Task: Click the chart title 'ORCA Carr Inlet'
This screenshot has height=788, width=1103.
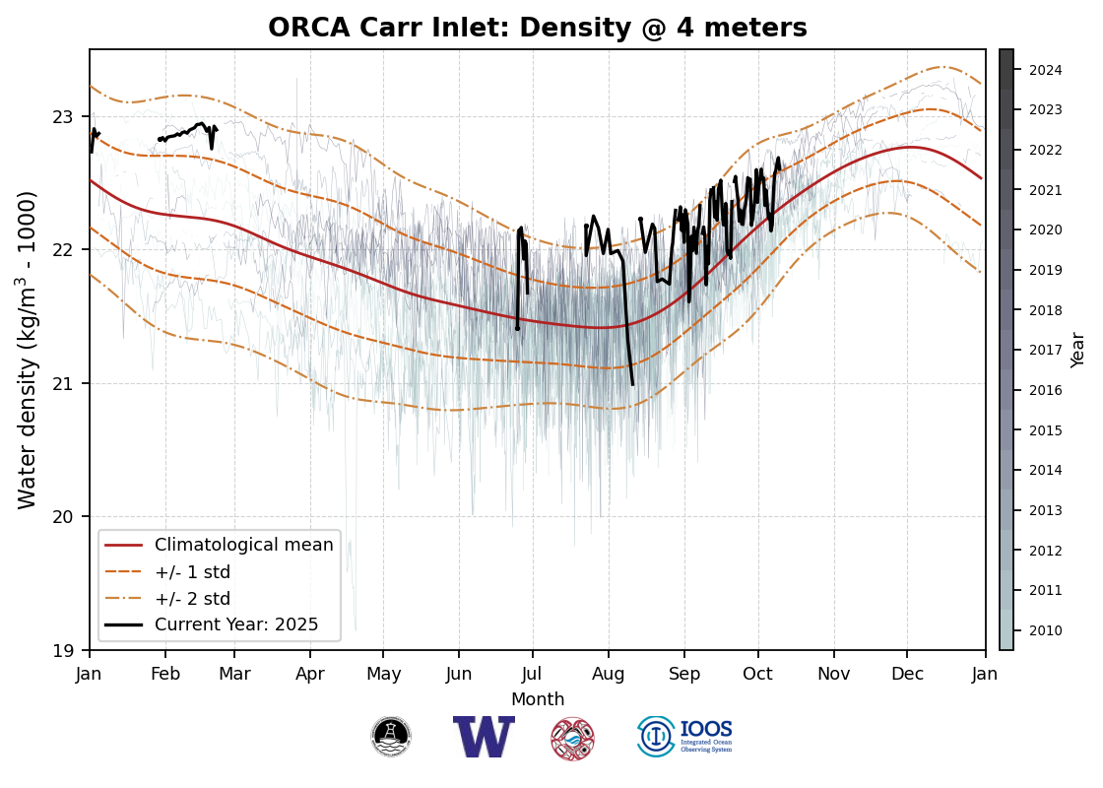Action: (538, 29)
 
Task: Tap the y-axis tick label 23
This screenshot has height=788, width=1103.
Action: (63, 116)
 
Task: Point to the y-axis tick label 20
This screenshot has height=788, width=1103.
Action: (63, 516)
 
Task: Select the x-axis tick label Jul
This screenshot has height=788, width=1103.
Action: (533, 674)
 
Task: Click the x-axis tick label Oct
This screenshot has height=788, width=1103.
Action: (758, 674)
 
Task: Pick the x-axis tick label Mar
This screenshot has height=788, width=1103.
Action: (234, 674)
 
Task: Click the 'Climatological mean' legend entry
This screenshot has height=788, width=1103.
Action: (243, 545)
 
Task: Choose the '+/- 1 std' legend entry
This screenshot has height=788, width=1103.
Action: (192, 572)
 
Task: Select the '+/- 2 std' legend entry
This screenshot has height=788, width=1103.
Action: (192, 599)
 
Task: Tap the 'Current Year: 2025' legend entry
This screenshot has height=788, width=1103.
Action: (236, 624)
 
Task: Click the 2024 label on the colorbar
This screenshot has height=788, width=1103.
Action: (1045, 70)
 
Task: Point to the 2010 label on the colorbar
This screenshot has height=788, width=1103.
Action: (1045, 630)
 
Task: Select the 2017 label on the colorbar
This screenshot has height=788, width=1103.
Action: (1045, 350)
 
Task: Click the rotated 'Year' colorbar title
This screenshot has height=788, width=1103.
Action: (1078, 350)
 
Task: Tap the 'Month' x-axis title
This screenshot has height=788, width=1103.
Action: (538, 699)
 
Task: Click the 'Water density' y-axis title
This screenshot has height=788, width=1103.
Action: (28, 350)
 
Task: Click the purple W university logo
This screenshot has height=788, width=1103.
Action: (484, 737)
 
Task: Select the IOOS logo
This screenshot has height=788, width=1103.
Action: (684, 737)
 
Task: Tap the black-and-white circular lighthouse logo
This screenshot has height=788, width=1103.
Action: (391, 737)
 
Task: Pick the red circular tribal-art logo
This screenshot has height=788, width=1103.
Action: (572, 738)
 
